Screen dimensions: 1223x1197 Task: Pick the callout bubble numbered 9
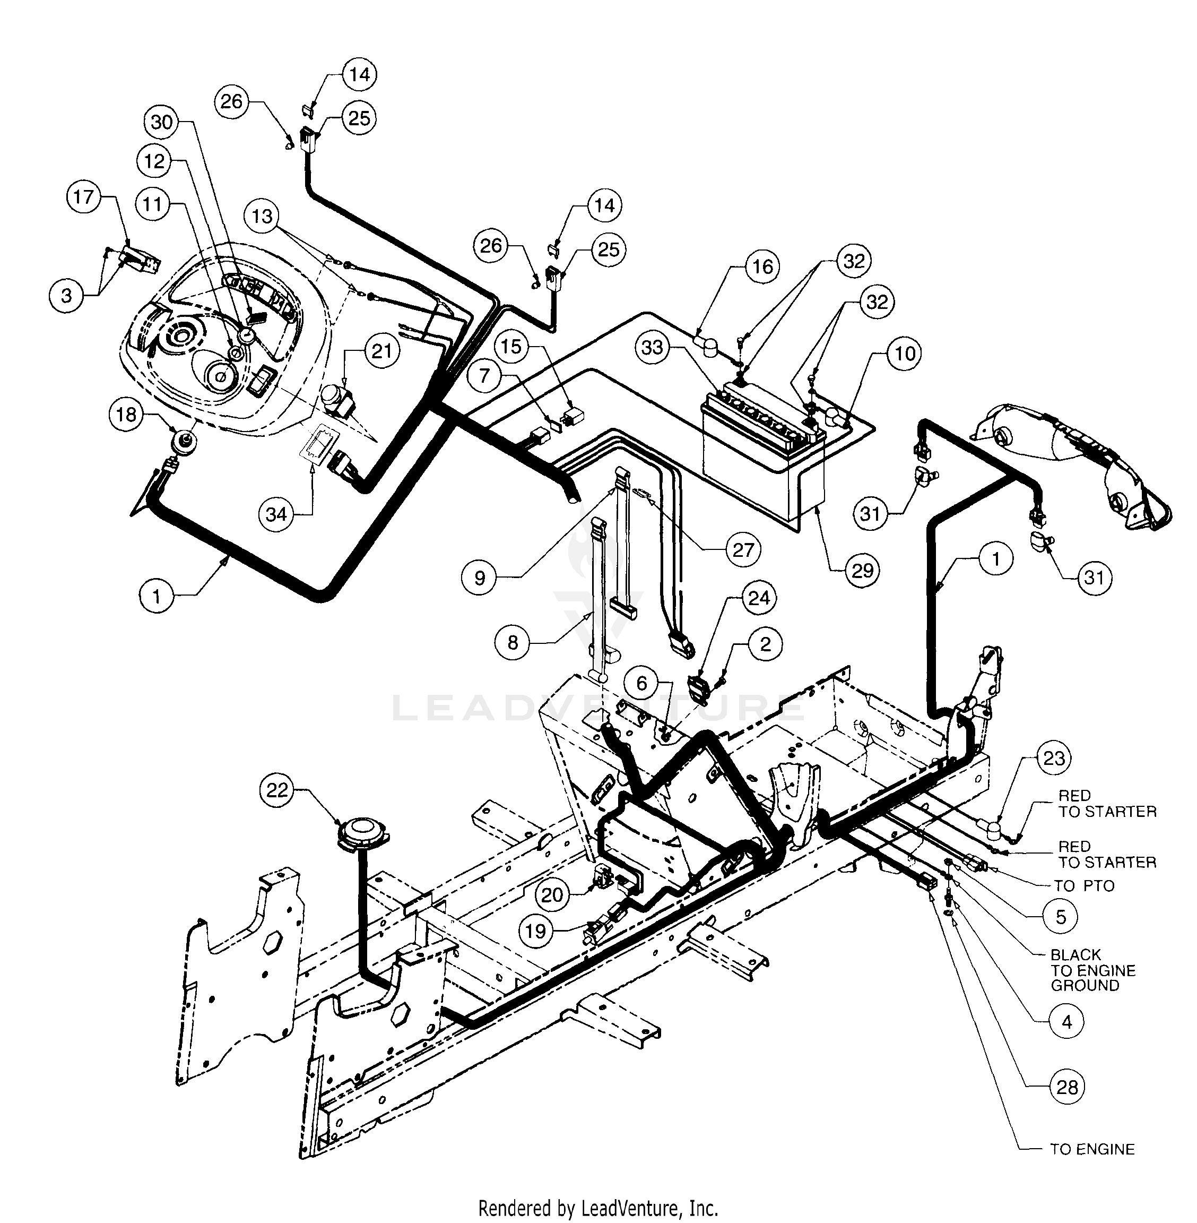(x=480, y=577)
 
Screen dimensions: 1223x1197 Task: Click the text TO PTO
(x=1084, y=886)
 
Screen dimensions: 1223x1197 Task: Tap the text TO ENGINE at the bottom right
(x=1092, y=1149)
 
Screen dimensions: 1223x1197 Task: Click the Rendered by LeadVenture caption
(x=598, y=1209)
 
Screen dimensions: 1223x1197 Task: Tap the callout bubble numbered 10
(x=905, y=354)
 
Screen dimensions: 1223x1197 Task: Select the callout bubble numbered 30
(x=162, y=122)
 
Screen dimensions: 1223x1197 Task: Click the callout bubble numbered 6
(x=641, y=684)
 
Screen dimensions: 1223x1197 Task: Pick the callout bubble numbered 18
(x=126, y=415)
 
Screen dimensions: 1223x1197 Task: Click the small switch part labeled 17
(x=140, y=259)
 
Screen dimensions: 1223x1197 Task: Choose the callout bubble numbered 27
(x=743, y=550)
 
